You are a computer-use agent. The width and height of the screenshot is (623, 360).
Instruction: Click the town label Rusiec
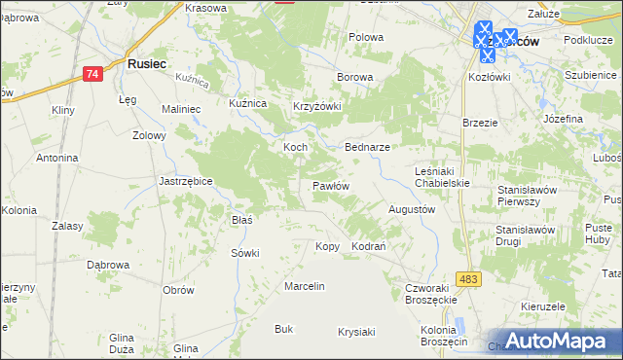pos(147,63)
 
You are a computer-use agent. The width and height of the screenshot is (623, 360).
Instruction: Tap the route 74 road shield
pos(92,74)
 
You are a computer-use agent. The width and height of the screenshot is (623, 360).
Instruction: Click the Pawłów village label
pos(330,186)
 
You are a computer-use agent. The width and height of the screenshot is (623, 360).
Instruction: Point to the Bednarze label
pos(368,147)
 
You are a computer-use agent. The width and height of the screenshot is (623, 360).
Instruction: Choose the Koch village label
pos(295,147)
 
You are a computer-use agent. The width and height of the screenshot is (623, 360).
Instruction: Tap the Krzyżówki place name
pos(317,107)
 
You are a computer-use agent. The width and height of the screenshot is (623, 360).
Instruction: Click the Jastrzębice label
pos(185,181)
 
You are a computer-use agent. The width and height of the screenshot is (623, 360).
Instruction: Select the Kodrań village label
pos(369,247)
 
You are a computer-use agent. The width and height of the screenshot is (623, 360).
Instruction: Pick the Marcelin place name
pos(304,286)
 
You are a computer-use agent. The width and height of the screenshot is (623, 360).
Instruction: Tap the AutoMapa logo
pos(554,341)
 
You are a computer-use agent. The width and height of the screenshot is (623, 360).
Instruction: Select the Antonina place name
pos(56,158)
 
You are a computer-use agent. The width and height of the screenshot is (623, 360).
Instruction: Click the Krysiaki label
pos(356,332)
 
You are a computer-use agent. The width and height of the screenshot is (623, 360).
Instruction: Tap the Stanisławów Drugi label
pos(525,235)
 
